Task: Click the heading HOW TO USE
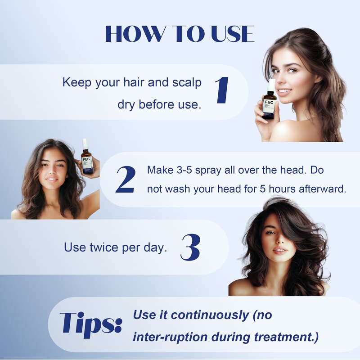(x=180, y=34)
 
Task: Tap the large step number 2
(x=125, y=180)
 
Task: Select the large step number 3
(x=190, y=247)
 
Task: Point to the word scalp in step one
(x=186, y=83)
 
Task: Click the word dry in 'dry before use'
(x=126, y=104)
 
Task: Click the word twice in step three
(x=106, y=247)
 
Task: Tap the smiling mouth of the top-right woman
(x=284, y=91)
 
